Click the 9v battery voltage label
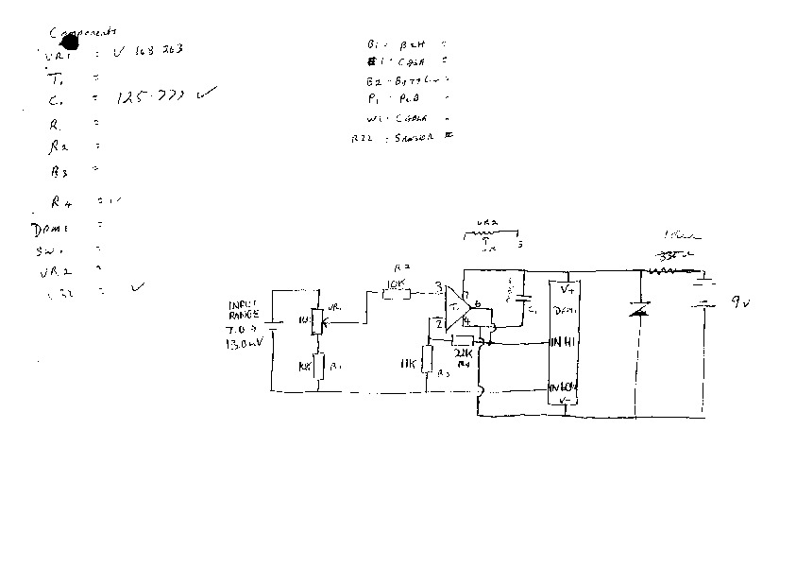click(739, 303)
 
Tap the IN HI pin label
click(563, 341)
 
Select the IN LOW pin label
click(565, 387)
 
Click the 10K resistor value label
click(397, 283)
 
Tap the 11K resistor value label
click(408, 365)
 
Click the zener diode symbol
click(639, 309)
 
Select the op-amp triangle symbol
click(458, 307)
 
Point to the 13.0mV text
click(241, 346)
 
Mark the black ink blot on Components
click(68, 41)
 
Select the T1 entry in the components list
click(58, 78)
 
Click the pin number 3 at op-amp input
click(437, 285)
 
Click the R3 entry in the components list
click(59, 172)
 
